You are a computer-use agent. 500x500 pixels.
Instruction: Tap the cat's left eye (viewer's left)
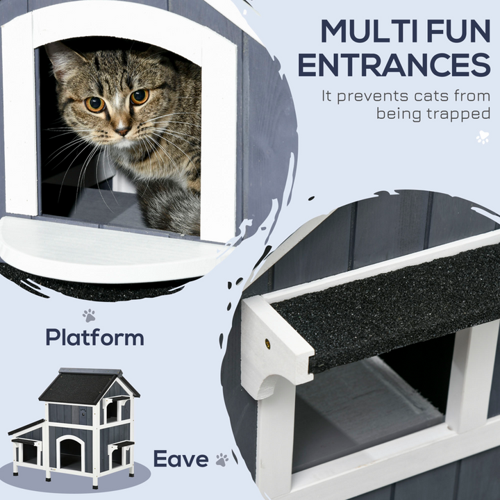[95, 104]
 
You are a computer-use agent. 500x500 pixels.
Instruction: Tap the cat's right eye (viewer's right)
[140, 97]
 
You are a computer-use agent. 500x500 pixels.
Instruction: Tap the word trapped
[456, 112]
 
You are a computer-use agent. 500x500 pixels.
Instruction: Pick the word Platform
[95, 338]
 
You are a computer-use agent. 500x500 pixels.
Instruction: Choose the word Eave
[181, 459]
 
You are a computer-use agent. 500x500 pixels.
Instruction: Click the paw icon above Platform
[89, 316]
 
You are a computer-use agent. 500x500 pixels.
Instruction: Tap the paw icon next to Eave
[222, 459]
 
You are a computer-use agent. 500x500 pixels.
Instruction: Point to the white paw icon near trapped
[482, 137]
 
